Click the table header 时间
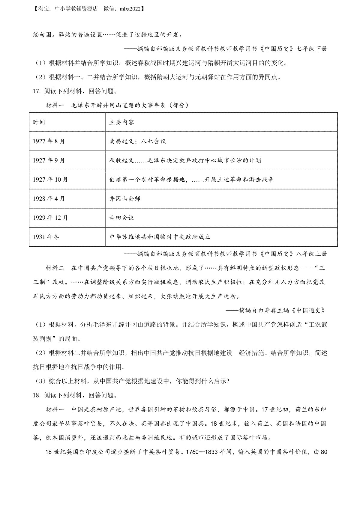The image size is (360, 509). click(39, 122)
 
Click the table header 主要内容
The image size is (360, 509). click(121, 122)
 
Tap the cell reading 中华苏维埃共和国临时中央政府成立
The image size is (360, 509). click(160, 237)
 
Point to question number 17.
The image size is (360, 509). click(37, 91)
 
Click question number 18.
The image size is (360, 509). click(37, 395)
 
